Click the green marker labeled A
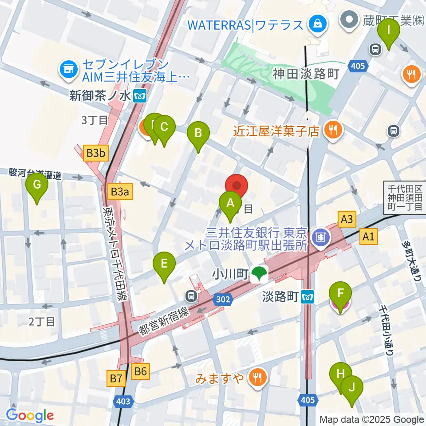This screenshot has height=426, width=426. tap(230, 204)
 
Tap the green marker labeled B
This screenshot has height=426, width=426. tap(198, 134)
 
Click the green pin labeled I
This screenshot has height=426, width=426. tap(389, 31)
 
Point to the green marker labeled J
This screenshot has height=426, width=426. tap(352, 388)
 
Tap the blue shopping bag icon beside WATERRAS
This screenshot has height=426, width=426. tap(318, 23)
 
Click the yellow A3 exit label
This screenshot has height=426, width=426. tap(347, 219)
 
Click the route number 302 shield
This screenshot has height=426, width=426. tap(223, 300)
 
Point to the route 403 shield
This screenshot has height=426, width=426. tap(124, 401)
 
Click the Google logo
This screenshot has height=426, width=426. tap(30, 415)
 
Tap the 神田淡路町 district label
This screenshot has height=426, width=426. tap(306, 74)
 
